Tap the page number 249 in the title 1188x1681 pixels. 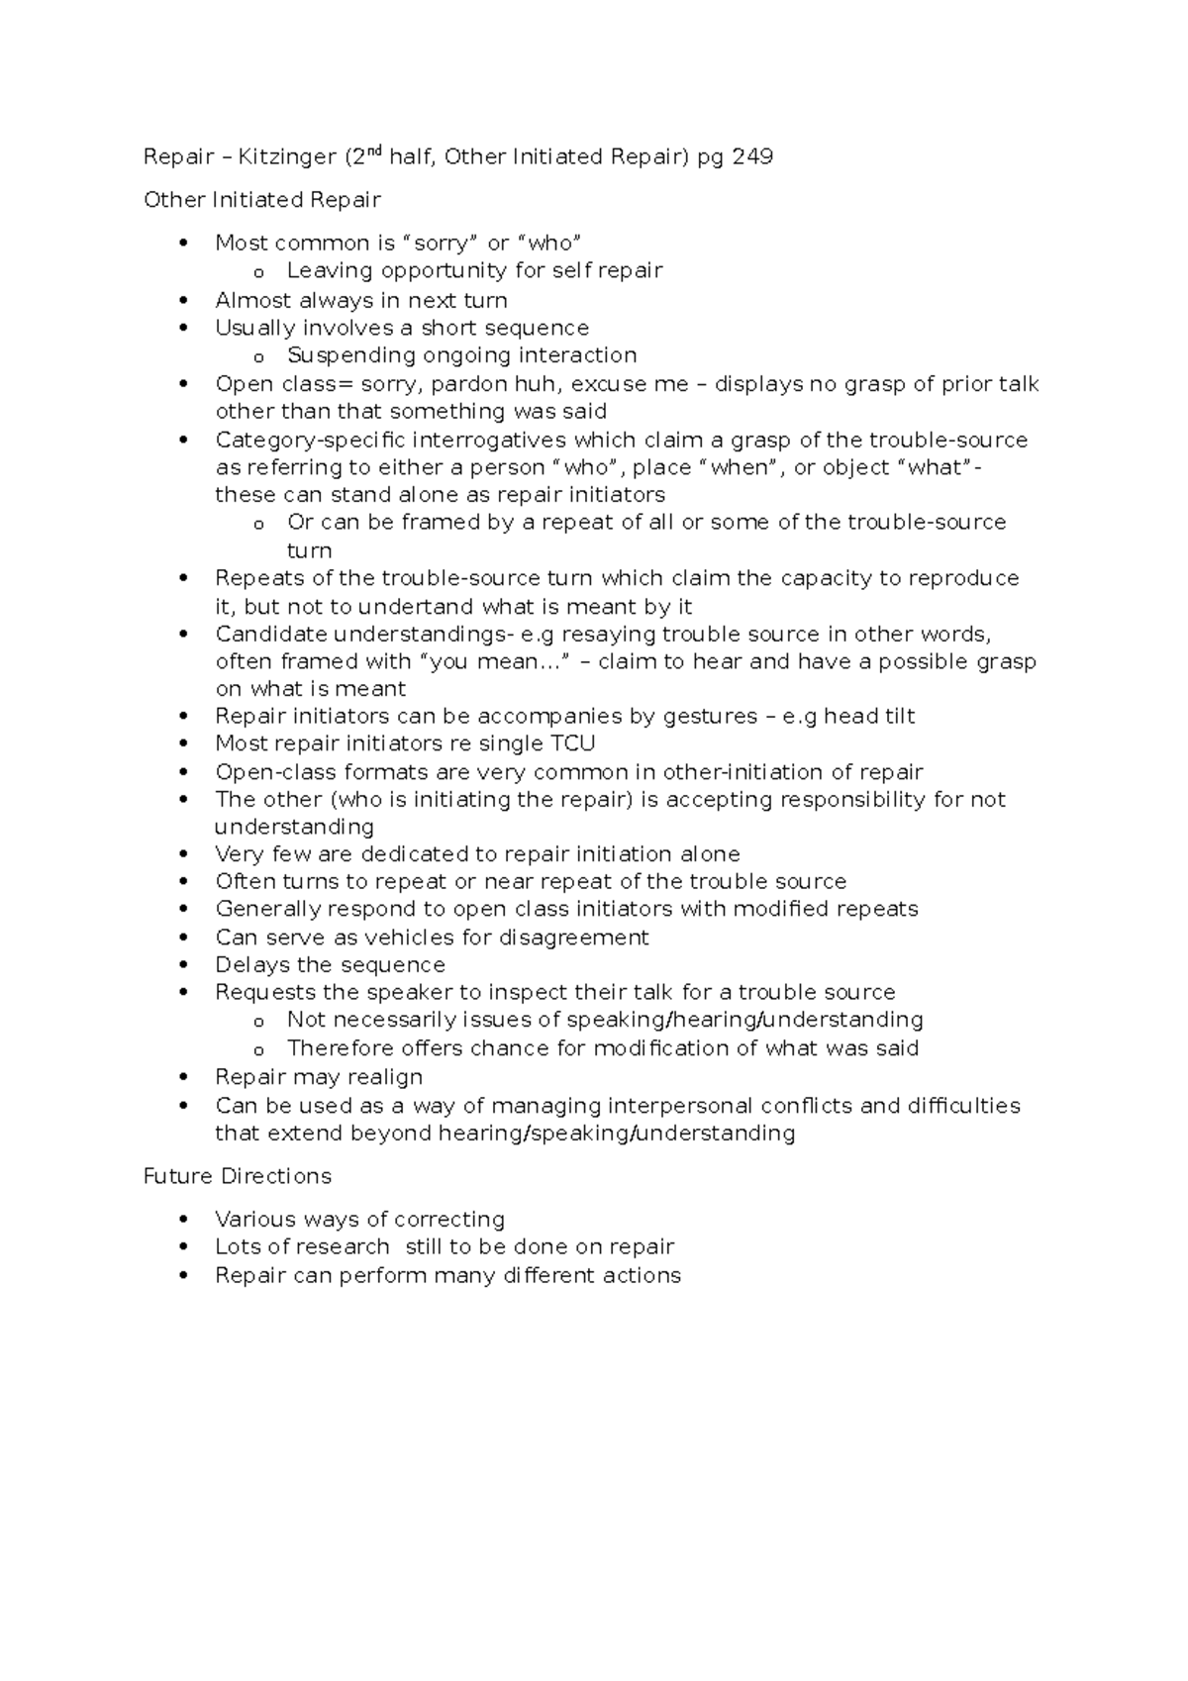point(751,156)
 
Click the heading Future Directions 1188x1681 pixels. point(237,1176)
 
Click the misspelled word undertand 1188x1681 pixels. point(415,606)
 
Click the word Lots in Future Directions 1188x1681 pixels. point(235,1246)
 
